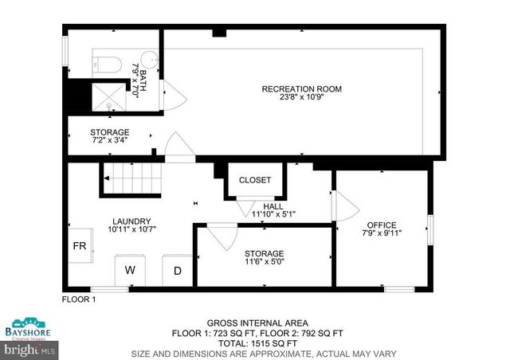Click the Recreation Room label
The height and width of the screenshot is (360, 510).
tap(301, 89)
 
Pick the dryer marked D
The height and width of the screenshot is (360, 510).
tap(178, 271)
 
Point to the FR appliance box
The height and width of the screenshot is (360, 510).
tap(80, 246)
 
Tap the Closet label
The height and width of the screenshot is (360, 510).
tap(255, 180)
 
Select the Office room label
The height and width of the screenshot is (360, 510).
tap(381, 225)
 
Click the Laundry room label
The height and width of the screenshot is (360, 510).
tap(131, 221)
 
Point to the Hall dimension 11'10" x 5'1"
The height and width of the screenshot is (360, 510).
tap(273, 213)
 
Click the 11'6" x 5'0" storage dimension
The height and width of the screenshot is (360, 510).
tap(264, 261)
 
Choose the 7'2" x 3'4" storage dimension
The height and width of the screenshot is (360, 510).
tap(109, 140)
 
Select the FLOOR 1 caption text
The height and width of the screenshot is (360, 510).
tap(79, 299)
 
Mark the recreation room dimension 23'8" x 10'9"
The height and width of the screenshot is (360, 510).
tap(301, 99)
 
